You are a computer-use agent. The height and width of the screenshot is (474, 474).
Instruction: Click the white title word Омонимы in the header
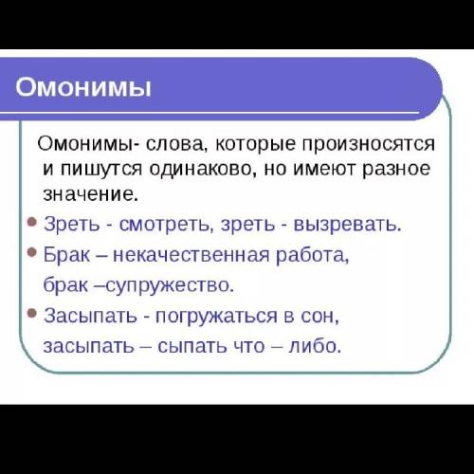pos(83,87)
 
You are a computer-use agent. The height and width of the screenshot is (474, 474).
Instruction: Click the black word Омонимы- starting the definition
pos(89,144)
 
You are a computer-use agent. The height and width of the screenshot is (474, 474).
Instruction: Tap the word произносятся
pos(369,145)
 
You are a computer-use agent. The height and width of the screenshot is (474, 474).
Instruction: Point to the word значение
pos(90,193)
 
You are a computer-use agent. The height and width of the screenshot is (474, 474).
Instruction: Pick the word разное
pos(396,170)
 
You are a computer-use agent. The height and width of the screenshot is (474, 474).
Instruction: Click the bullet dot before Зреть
pos(32,222)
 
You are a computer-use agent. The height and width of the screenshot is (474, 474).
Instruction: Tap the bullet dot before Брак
pos(32,252)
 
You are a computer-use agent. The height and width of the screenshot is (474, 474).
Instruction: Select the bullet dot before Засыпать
pos(32,313)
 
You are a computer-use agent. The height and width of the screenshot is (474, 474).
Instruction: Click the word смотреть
pos(165,225)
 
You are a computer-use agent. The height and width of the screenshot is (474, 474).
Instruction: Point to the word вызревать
pos(347,225)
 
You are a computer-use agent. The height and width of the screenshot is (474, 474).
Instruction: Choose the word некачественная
pos(191,255)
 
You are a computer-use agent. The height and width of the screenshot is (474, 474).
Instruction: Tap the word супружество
pos(169,285)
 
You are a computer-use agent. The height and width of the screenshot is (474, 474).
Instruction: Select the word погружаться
pos(216,317)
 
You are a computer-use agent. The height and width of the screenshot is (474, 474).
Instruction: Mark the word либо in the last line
pos(315,345)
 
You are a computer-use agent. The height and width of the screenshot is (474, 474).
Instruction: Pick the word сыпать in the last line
pos(192,346)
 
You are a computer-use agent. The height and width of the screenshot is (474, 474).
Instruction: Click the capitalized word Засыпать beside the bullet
pos(90,316)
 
